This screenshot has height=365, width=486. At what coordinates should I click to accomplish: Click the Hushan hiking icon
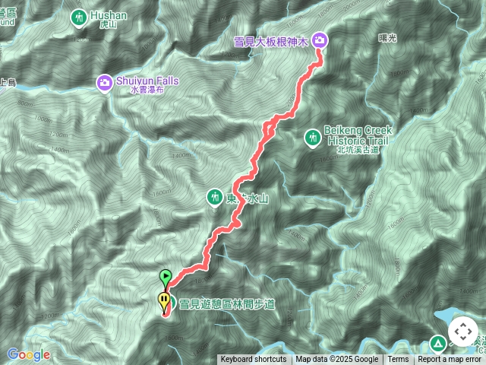pos(79,16)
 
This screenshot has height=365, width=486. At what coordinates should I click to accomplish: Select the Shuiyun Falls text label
pos(141,81)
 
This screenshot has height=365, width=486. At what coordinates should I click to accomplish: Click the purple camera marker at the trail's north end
pos(320,40)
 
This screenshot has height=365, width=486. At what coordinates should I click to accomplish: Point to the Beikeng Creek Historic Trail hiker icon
pos(312,138)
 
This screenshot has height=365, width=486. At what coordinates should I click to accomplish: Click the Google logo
pos(29,354)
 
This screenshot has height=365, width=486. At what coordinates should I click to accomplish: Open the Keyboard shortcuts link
pos(254,360)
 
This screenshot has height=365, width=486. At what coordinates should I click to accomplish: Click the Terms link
pos(398,360)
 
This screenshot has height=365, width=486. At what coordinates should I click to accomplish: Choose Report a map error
pos(451,360)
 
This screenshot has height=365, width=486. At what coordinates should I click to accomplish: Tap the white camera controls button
pos(462,332)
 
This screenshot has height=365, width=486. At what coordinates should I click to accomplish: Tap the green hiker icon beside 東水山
pos(214,198)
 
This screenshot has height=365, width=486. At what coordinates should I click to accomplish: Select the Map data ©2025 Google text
pos(337,360)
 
